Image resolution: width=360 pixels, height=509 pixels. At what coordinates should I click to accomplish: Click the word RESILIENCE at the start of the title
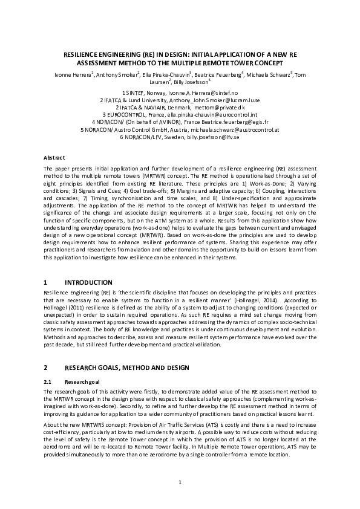coord(83,54)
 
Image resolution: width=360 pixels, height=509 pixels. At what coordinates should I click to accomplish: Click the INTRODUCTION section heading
coord(88,282)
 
